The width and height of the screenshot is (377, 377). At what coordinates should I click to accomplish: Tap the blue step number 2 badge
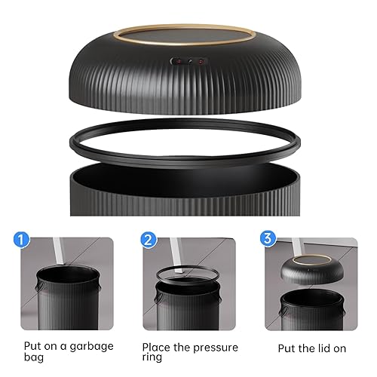[x=148, y=241]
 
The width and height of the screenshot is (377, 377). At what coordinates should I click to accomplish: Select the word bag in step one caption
[x=35, y=357]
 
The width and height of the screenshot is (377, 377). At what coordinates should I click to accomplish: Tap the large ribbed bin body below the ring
[x=188, y=196]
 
